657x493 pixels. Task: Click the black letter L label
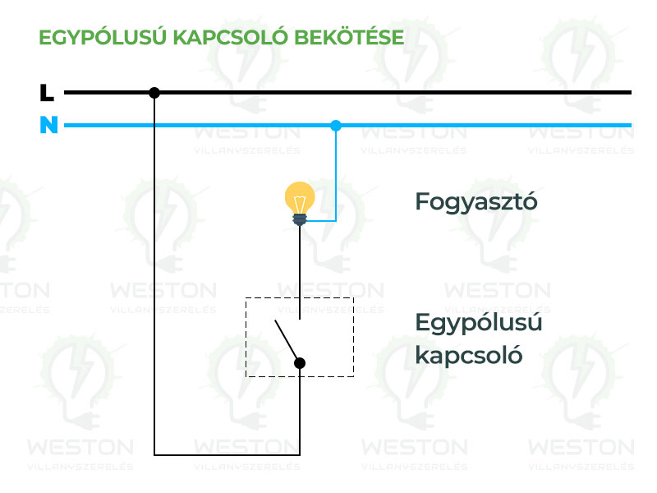point(47,93)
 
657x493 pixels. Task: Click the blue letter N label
point(48,125)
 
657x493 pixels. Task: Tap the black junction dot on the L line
point(154,93)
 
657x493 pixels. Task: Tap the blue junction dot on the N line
point(336,126)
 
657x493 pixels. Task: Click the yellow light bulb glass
point(300,197)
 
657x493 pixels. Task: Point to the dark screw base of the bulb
point(300,219)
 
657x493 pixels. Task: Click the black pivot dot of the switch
point(300,363)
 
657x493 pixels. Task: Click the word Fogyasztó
point(476,202)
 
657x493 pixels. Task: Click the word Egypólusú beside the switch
point(479,324)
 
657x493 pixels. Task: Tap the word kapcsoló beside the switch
point(469,355)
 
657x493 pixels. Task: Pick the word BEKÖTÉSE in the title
point(349,37)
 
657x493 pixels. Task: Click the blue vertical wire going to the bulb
point(336,173)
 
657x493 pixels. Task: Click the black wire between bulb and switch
point(300,273)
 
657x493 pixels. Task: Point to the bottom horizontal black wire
point(227,455)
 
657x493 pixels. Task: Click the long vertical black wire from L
point(154,274)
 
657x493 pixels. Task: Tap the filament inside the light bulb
point(300,205)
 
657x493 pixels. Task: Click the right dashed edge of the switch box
point(354,337)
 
